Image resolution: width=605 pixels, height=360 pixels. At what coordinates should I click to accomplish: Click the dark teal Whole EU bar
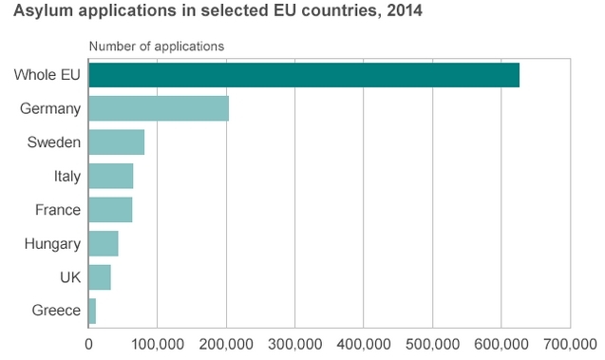304,75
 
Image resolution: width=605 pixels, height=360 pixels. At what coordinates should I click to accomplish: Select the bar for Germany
159,108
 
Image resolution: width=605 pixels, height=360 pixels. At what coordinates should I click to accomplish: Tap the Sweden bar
117,142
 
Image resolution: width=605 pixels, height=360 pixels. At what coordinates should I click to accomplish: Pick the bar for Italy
111,176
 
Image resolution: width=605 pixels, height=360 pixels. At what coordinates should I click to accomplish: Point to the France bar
110,210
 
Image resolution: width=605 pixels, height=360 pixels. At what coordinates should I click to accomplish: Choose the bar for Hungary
104,243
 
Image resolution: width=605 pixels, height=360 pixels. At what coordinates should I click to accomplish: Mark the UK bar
100,277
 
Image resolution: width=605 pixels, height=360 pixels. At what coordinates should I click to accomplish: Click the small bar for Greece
92,311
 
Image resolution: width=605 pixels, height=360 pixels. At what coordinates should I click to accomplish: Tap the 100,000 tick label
158,344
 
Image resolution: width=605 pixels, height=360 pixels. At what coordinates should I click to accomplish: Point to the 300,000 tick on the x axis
295,344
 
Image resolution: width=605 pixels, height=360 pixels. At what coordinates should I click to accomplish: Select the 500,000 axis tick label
432,344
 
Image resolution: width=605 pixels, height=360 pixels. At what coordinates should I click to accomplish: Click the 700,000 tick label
570,344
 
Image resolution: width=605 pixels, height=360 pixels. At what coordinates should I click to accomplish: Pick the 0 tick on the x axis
88,344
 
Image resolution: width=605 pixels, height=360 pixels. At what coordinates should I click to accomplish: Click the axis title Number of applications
157,47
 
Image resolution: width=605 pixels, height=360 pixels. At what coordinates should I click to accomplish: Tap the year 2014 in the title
405,10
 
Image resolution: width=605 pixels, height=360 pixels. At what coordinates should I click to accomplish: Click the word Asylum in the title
44,11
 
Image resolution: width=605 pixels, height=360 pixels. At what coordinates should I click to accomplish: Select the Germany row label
50,109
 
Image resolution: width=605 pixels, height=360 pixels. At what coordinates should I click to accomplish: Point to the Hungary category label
52,244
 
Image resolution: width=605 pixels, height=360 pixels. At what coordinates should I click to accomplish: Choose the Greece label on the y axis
56,311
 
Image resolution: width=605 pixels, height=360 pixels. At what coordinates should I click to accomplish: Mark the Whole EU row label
47,74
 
